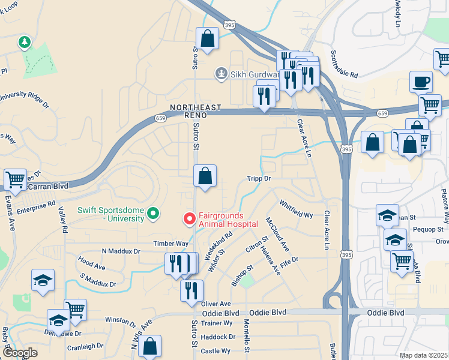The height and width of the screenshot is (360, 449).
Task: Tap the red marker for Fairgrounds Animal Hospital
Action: (x=189, y=220)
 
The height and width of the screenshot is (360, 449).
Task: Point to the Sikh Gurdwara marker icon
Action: (x=221, y=75)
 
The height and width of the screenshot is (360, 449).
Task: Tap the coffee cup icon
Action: (x=421, y=81)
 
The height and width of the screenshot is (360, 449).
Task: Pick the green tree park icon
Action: (x=24, y=42)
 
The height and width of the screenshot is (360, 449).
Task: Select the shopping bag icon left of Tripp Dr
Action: (x=205, y=176)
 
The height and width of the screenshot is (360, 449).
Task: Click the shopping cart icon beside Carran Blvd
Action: (x=15, y=179)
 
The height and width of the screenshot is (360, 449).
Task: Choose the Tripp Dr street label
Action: (x=259, y=179)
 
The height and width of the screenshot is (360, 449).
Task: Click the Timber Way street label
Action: (x=170, y=244)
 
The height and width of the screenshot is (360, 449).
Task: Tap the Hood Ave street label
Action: (x=91, y=263)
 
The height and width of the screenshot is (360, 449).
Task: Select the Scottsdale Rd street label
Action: (x=344, y=65)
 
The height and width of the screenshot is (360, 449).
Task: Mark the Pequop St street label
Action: (x=430, y=229)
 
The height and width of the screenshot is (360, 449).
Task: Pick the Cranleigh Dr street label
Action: (x=85, y=347)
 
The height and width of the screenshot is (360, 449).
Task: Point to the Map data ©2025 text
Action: (x=423, y=355)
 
